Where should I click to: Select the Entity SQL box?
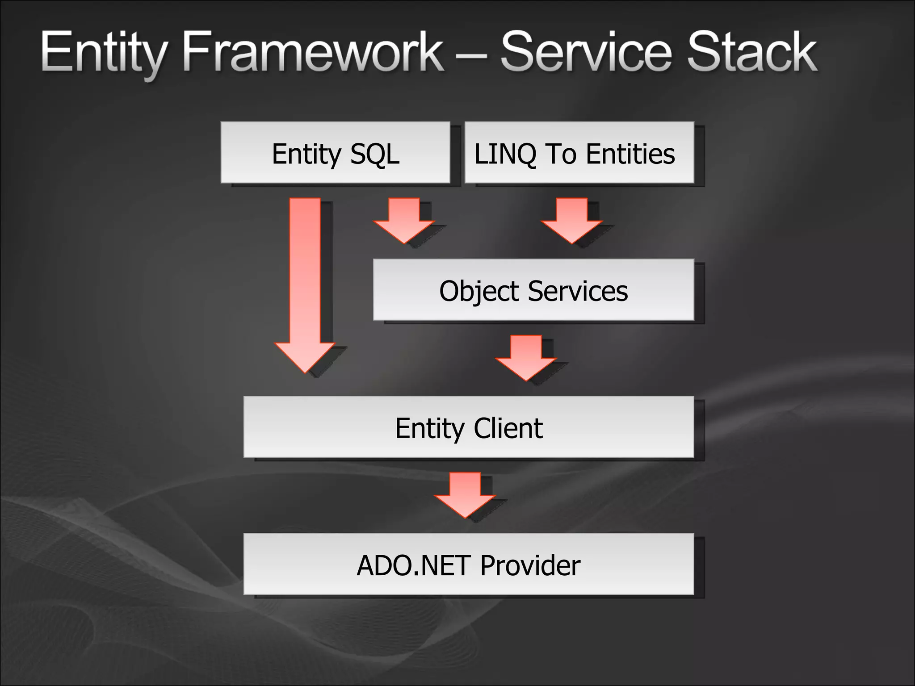[x=335, y=152]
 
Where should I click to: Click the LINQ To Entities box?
[x=579, y=152]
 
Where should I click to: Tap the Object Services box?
[x=533, y=289]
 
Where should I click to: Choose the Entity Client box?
[x=468, y=427]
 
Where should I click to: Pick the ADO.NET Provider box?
[x=468, y=564]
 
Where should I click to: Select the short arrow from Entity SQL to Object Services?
[x=404, y=221]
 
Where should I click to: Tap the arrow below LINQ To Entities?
[x=572, y=221]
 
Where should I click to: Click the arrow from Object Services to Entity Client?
[x=526, y=358]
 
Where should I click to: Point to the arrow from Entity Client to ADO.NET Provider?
[x=465, y=495]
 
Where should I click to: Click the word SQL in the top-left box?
[x=374, y=154]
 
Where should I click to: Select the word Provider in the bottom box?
[x=530, y=565]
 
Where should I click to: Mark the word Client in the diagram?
[x=508, y=428]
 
